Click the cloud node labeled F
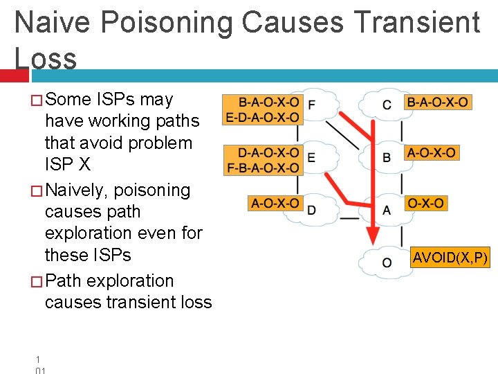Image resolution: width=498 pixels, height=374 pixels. coord(313,106)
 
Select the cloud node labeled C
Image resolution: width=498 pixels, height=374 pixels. coord(387,105)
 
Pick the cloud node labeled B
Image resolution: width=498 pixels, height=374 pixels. coord(387,158)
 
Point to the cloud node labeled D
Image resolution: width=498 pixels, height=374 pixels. coord(311,208)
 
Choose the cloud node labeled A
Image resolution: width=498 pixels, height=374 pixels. coord(387,209)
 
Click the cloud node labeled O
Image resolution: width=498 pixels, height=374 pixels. coord(386,262)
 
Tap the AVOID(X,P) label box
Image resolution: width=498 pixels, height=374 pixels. coord(450,258)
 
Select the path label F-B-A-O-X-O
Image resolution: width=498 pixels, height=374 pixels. coord(263,168)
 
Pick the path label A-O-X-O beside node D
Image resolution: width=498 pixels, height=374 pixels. coord(275,204)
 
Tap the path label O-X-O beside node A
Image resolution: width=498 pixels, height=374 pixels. coord(426,204)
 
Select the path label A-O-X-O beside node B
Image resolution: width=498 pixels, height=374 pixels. coord(432,152)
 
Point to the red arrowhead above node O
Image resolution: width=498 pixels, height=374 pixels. coord(372,233)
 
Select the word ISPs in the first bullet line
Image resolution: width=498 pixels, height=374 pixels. coord(116,100)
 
